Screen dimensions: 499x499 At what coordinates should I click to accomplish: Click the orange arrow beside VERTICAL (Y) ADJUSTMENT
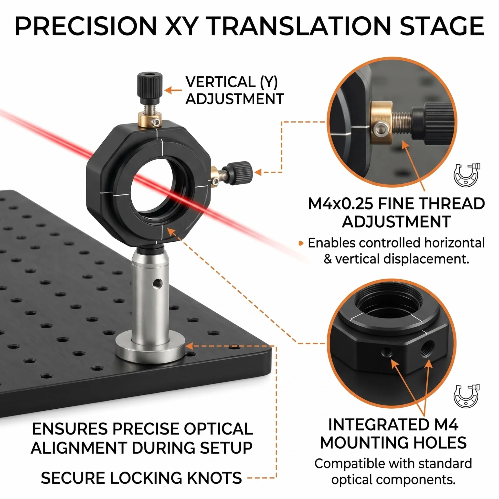173,90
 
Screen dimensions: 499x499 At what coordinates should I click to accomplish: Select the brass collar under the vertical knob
150,119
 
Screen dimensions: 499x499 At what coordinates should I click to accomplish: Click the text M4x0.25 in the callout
341,204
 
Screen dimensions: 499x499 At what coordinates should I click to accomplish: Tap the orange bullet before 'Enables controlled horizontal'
301,243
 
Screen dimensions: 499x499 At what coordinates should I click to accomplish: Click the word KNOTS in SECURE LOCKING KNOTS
214,478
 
